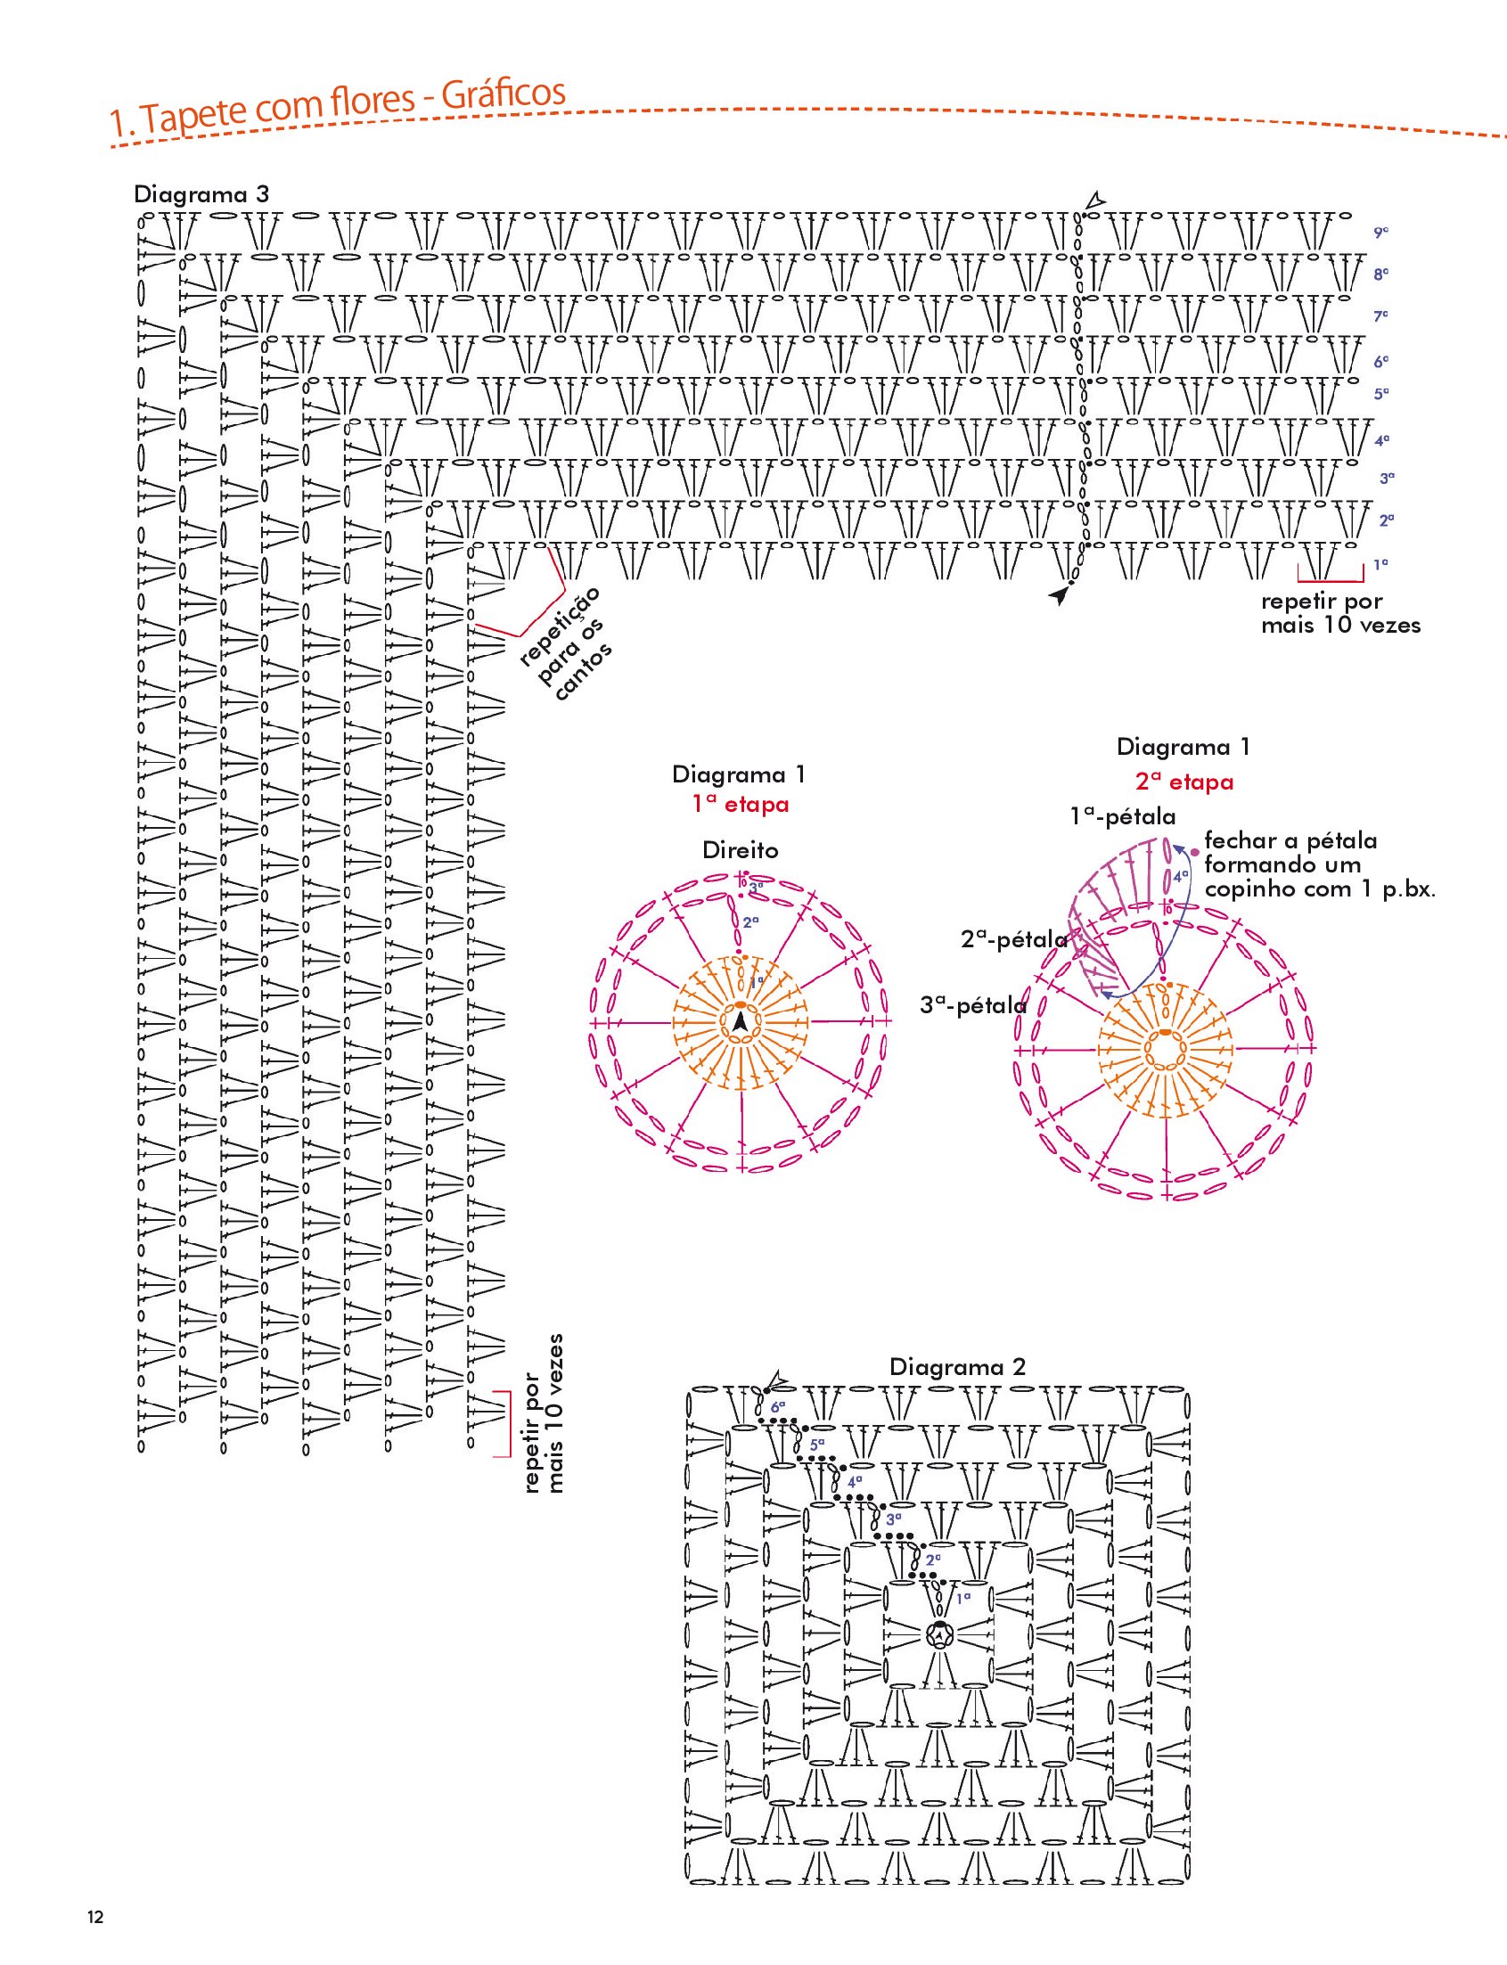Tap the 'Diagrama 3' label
point(201,194)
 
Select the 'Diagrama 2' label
point(957,1367)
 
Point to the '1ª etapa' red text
point(740,805)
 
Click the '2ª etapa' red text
point(1184,782)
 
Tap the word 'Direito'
point(740,850)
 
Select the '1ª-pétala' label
point(1122,816)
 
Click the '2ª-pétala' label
point(1013,939)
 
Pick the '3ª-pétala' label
point(973,1005)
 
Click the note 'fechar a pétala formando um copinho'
point(1320,864)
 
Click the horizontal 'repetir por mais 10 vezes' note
point(1341,613)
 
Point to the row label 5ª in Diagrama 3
point(1381,394)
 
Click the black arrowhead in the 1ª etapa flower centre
point(740,1021)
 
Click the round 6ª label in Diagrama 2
point(778,1407)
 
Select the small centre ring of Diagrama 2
point(938,1635)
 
